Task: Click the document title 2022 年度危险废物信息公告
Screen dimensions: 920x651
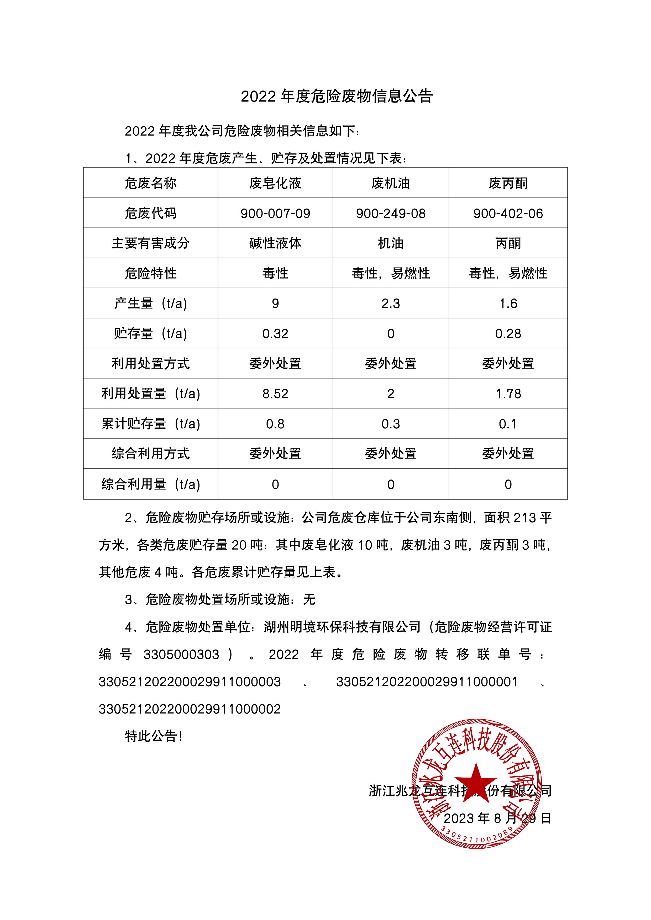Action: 337,97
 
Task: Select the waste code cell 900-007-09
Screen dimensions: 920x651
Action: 275,214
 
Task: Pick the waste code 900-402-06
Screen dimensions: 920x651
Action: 508,214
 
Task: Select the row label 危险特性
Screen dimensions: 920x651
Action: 150,273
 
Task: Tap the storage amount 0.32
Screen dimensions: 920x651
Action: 275,334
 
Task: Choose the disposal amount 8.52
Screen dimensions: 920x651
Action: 275,394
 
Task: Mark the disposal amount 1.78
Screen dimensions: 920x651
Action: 508,394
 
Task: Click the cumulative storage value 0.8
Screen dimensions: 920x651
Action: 275,424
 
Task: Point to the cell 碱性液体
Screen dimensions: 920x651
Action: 275,243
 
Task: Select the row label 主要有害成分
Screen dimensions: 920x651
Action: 150,243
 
